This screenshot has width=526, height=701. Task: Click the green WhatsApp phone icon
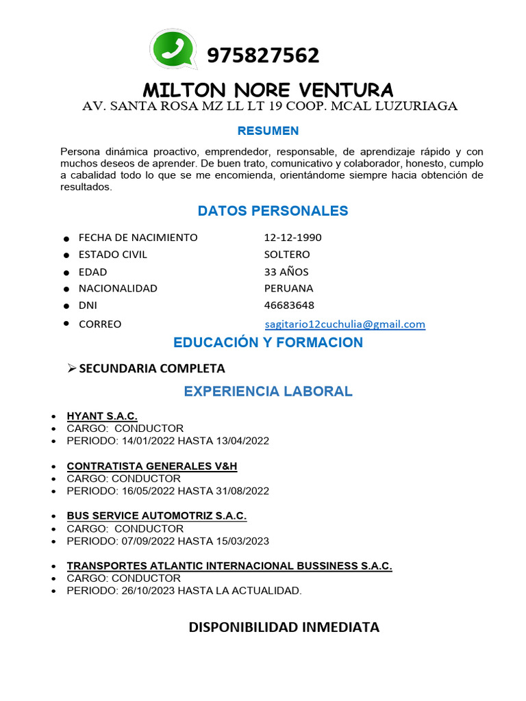pos(173,49)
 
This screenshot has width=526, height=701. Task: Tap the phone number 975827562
pos(262,55)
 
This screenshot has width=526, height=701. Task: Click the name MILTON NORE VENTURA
pos(268,90)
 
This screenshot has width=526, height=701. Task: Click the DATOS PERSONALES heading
pos(273,211)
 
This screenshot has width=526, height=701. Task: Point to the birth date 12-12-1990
pos(292,238)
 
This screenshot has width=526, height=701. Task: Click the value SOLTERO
pos(287,255)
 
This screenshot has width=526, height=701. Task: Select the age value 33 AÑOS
pos(286,272)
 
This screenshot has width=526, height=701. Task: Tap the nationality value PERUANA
pos(288,288)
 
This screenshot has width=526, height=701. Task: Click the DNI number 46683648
pos(289,305)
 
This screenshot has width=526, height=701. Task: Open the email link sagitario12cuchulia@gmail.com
pos(345,324)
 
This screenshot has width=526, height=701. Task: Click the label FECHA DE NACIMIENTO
pos(138,238)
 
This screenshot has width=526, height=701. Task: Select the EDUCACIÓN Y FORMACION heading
pos(268,342)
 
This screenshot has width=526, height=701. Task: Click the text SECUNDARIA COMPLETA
pos(152,368)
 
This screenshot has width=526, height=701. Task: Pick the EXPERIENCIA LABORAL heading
pos(268,392)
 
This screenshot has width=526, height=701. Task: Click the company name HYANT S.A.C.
pos(102,416)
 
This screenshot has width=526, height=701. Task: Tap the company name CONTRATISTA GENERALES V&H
pos(151,466)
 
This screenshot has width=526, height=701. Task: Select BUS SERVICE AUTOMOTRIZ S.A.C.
pos(156,515)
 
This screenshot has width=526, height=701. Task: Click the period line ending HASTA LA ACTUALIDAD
pos(184,591)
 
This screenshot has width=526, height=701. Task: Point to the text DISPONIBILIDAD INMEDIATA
pos(284,627)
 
